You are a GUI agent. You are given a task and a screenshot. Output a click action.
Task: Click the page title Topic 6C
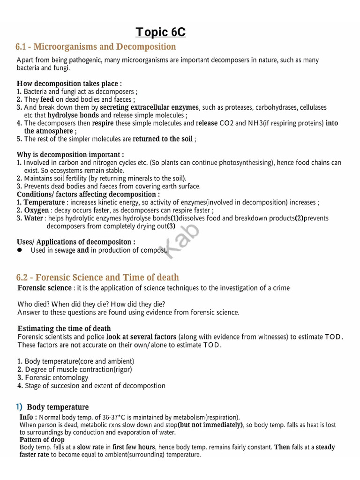click(x=160, y=32)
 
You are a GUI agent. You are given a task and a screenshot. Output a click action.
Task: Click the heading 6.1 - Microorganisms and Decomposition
click(x=96, y=47)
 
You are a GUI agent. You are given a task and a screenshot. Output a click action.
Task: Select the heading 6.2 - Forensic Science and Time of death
click(x=97, y=277)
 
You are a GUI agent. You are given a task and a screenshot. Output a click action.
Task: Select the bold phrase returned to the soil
click(x=163, y=139)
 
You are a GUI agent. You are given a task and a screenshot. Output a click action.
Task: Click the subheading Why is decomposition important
click(x=70, y=155)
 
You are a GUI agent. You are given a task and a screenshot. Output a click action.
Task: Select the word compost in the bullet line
click(x=154, y=250)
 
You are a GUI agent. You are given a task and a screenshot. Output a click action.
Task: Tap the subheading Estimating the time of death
click(x=64, y=329)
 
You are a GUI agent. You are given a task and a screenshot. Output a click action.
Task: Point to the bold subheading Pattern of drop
click(x=42, y=440)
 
